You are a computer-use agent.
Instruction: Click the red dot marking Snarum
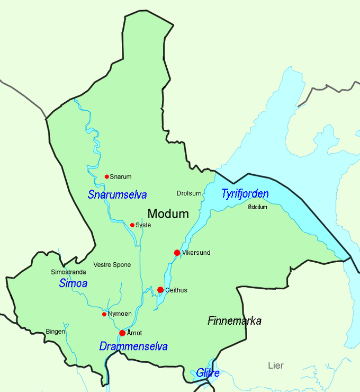click(x=106, y=176)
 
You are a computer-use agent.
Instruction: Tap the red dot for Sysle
click(x=132, y=225)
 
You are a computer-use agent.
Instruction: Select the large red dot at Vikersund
click(x=177, y=253)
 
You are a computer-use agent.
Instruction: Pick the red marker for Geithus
click(x=160, y=290)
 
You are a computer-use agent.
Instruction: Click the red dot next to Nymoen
click(x=104, y=314)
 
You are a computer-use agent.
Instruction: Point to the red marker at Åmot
click(x=122, y=333)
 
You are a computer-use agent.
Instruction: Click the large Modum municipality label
click(x=168, y=214)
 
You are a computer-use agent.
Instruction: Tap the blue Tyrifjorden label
click(x=245, y=194)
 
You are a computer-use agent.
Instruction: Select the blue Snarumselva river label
click(x=117, y=194)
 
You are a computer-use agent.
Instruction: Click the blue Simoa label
click(x=73, y=283)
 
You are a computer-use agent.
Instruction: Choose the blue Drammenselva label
click(x=133, y=346)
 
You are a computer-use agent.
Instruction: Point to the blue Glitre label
click(x=208, y=373)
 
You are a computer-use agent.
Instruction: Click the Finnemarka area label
click(x=235, y=320)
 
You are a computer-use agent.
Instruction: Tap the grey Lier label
click(x=276, y=366)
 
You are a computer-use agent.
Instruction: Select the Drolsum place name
click(x=189, y=193)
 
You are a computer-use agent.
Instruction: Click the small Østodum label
click(x=257, y=207)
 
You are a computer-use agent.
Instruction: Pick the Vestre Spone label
click(x=112, y=265)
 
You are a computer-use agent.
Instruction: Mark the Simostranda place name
click(x=68, y=272)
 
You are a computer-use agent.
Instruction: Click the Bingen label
click(x=56, y=332)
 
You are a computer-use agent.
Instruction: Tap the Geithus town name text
click(x=176, y=290)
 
